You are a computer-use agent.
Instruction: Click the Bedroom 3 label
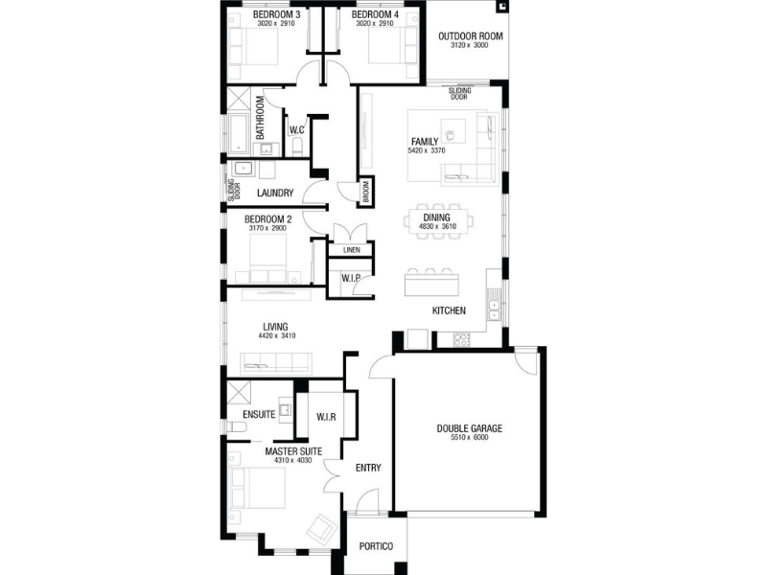point(276,14)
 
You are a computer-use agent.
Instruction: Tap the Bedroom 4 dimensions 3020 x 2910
point(375,23)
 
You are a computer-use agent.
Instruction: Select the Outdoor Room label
point(470,36)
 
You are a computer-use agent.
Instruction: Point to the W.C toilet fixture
point(297,147)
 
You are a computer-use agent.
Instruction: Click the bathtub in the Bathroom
point(239,133)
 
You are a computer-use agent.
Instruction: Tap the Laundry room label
point(275,194)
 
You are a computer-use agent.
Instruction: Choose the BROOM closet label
point(366,192)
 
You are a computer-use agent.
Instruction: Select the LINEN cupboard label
point(351,250)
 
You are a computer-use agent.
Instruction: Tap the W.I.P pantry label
point(351,278)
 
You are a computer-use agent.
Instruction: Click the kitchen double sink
point(494,305)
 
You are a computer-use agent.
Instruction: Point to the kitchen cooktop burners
point(461,339)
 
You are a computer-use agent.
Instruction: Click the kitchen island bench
point(431,285)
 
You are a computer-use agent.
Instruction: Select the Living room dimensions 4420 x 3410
point(277,336)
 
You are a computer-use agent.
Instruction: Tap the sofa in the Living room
point(275,363)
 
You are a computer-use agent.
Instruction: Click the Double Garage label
point(469,428)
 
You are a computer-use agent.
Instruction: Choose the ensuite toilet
point(237,426)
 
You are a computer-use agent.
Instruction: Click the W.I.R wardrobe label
point(326,417)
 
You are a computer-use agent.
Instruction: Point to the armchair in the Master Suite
point(321,528)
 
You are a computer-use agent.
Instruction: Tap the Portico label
point(376,546)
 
